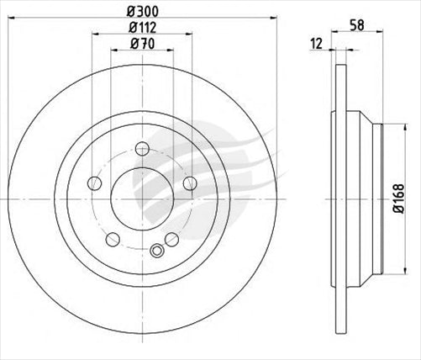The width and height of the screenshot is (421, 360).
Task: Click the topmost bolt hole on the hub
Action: pos(142,150)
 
